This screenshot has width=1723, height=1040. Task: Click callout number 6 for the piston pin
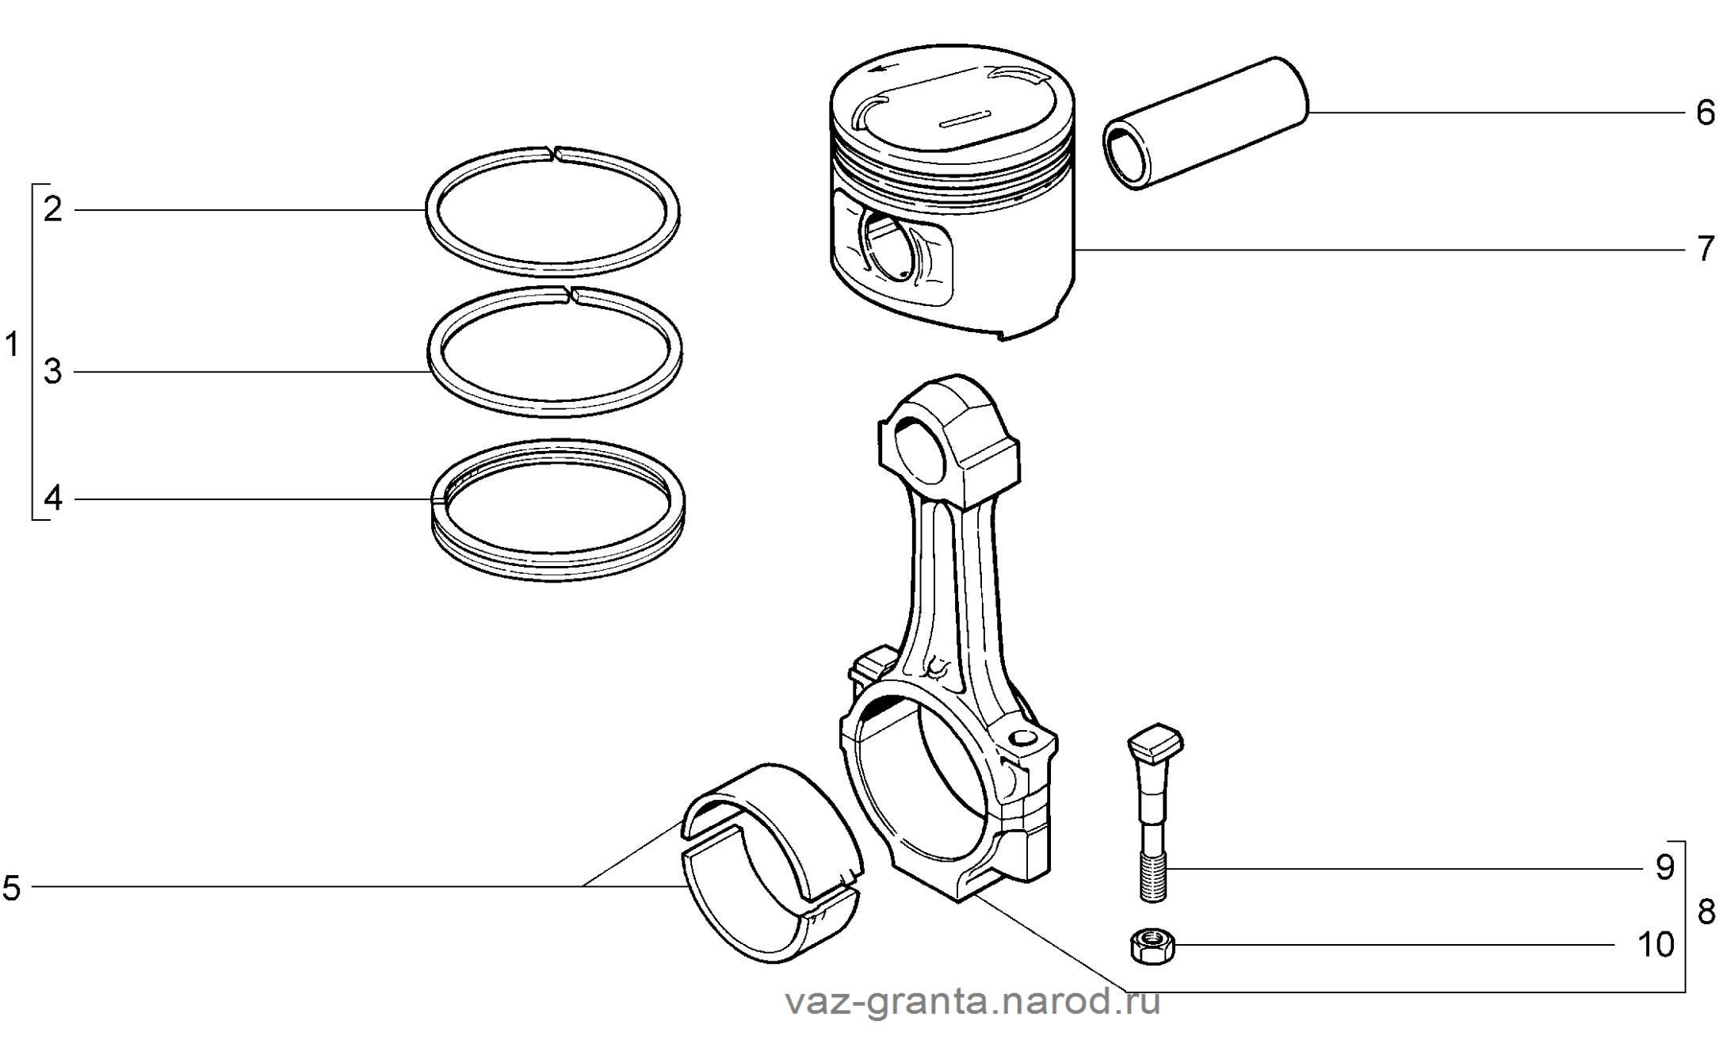1705,113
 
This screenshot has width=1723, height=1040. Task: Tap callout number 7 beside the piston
1705,250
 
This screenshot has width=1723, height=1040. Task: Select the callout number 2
53,209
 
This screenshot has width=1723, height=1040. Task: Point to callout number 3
53,371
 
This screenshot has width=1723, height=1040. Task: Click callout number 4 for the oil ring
53,499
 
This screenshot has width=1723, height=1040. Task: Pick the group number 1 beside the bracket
11,346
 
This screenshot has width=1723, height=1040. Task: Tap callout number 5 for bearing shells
11,888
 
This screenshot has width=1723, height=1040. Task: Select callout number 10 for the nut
1656,945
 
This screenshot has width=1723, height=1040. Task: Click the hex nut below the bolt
1152,946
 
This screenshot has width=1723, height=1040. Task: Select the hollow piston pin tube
1205,123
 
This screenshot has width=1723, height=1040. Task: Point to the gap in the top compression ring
554,152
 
